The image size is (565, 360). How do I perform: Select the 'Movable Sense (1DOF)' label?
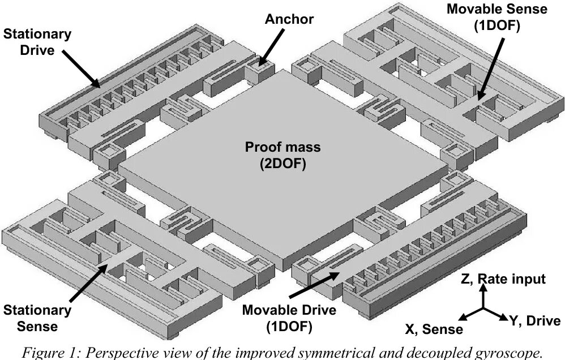tap(497, 17)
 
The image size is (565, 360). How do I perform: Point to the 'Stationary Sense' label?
tap(37, 318)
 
